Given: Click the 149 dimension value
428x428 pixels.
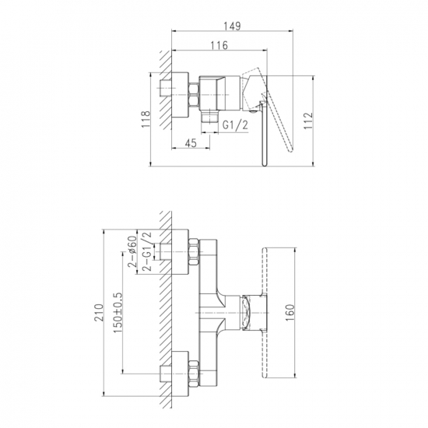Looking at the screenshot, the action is pyautogui.click(x=233, y=26).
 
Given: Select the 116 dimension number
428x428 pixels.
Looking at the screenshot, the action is pyautogui.click(x=219, y=45).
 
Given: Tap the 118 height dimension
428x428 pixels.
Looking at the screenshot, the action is pyautogui.click(x=146, y=119).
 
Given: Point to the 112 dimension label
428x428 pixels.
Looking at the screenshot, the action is pyautogui.click(x=307, y=121).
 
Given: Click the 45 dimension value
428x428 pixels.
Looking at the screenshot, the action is pyautogui.click(x=191, y=143).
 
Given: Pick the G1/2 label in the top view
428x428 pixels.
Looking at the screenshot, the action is pyautogui.click(x=235, y=125).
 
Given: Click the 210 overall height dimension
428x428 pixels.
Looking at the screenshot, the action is pyautogui.click(x=99, y=313).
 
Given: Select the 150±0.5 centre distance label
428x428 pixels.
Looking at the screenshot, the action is pyautogui.click(x=118, y=313).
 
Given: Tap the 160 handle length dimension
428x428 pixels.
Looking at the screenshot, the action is pyautogui.click(x=289, y=313).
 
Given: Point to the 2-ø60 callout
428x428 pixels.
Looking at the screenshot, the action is pyautogui.click(x=132, y=251).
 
